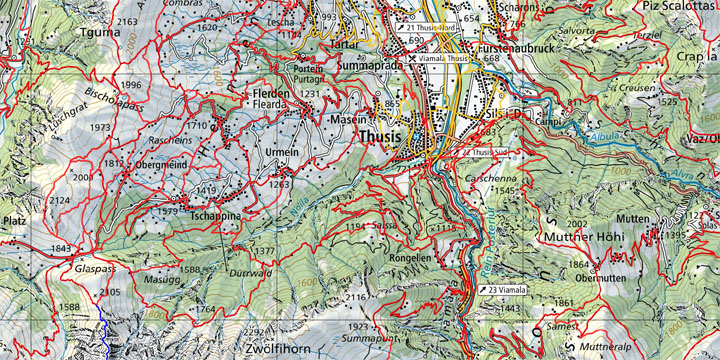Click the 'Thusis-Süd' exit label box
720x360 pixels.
click(x=487, y=151)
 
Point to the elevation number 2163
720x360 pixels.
click(x=128, y=21)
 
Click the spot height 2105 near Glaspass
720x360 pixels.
click(x=110, y=291)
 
